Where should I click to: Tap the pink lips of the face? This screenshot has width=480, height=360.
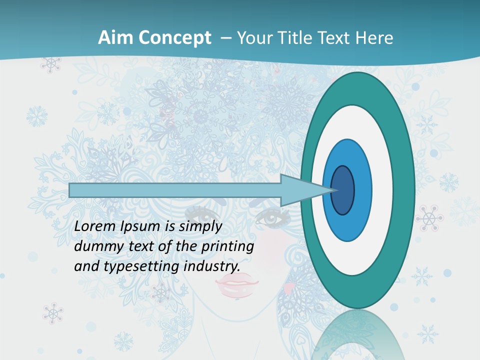coord(237,287)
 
